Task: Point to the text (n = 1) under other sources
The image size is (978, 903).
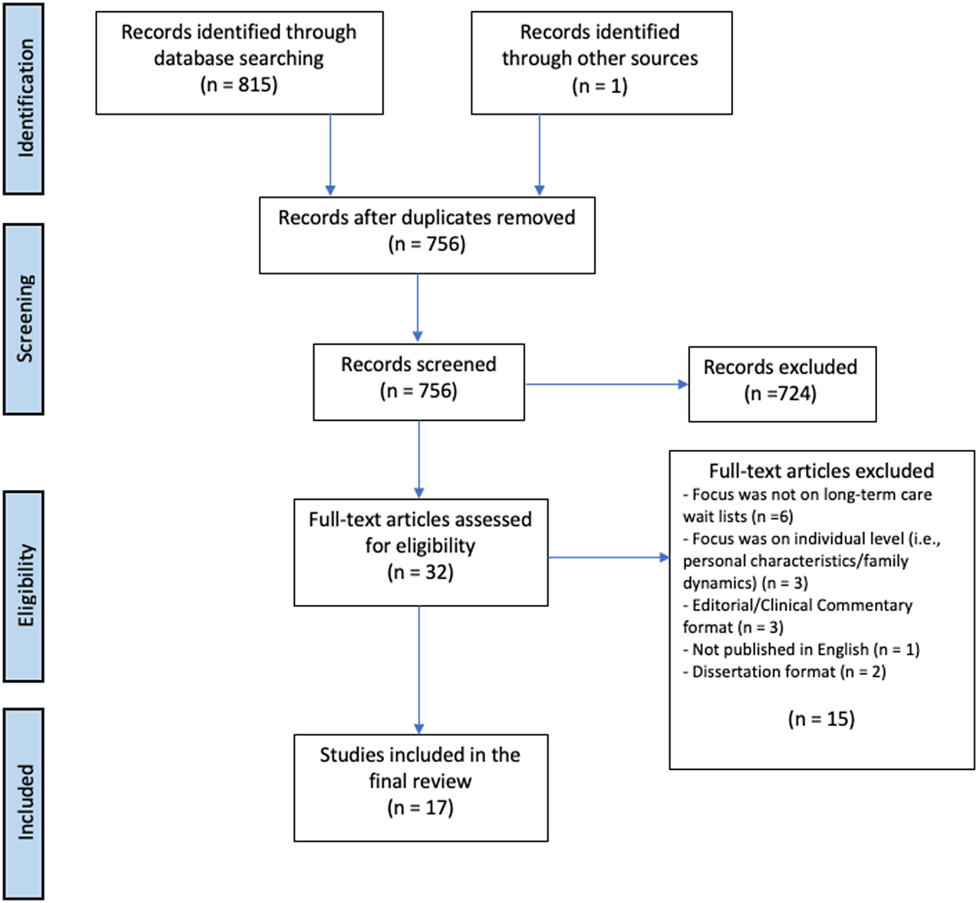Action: click(600, 86)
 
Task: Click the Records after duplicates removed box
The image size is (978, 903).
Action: click(427, 235)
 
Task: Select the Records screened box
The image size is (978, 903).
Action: click(419, 382)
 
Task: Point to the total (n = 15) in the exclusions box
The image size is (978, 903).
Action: click(821, 719)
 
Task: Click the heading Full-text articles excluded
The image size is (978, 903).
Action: click(821, 471)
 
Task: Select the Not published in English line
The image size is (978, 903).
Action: click(801, 650)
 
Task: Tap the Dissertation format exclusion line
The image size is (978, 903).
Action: click(784, 672)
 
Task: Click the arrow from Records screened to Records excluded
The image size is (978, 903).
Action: click(607, 384)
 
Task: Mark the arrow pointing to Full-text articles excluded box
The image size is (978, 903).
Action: click(609, 557)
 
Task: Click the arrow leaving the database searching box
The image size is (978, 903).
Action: click(330, 155)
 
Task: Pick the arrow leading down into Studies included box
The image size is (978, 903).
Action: click(419, 670)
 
